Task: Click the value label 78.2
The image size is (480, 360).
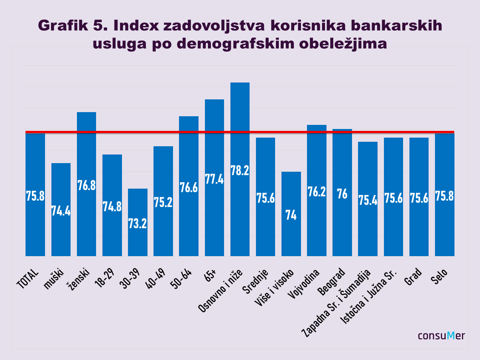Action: pos(240,171)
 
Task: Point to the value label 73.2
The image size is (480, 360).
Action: pos(137,223)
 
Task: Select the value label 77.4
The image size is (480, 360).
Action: pos(214,179)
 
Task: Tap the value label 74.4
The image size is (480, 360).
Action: pos(61,211)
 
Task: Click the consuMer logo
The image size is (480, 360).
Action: pos(441,336)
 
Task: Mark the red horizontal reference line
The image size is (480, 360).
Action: pos(240,132)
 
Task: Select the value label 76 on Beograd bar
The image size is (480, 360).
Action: pos(342,194)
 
